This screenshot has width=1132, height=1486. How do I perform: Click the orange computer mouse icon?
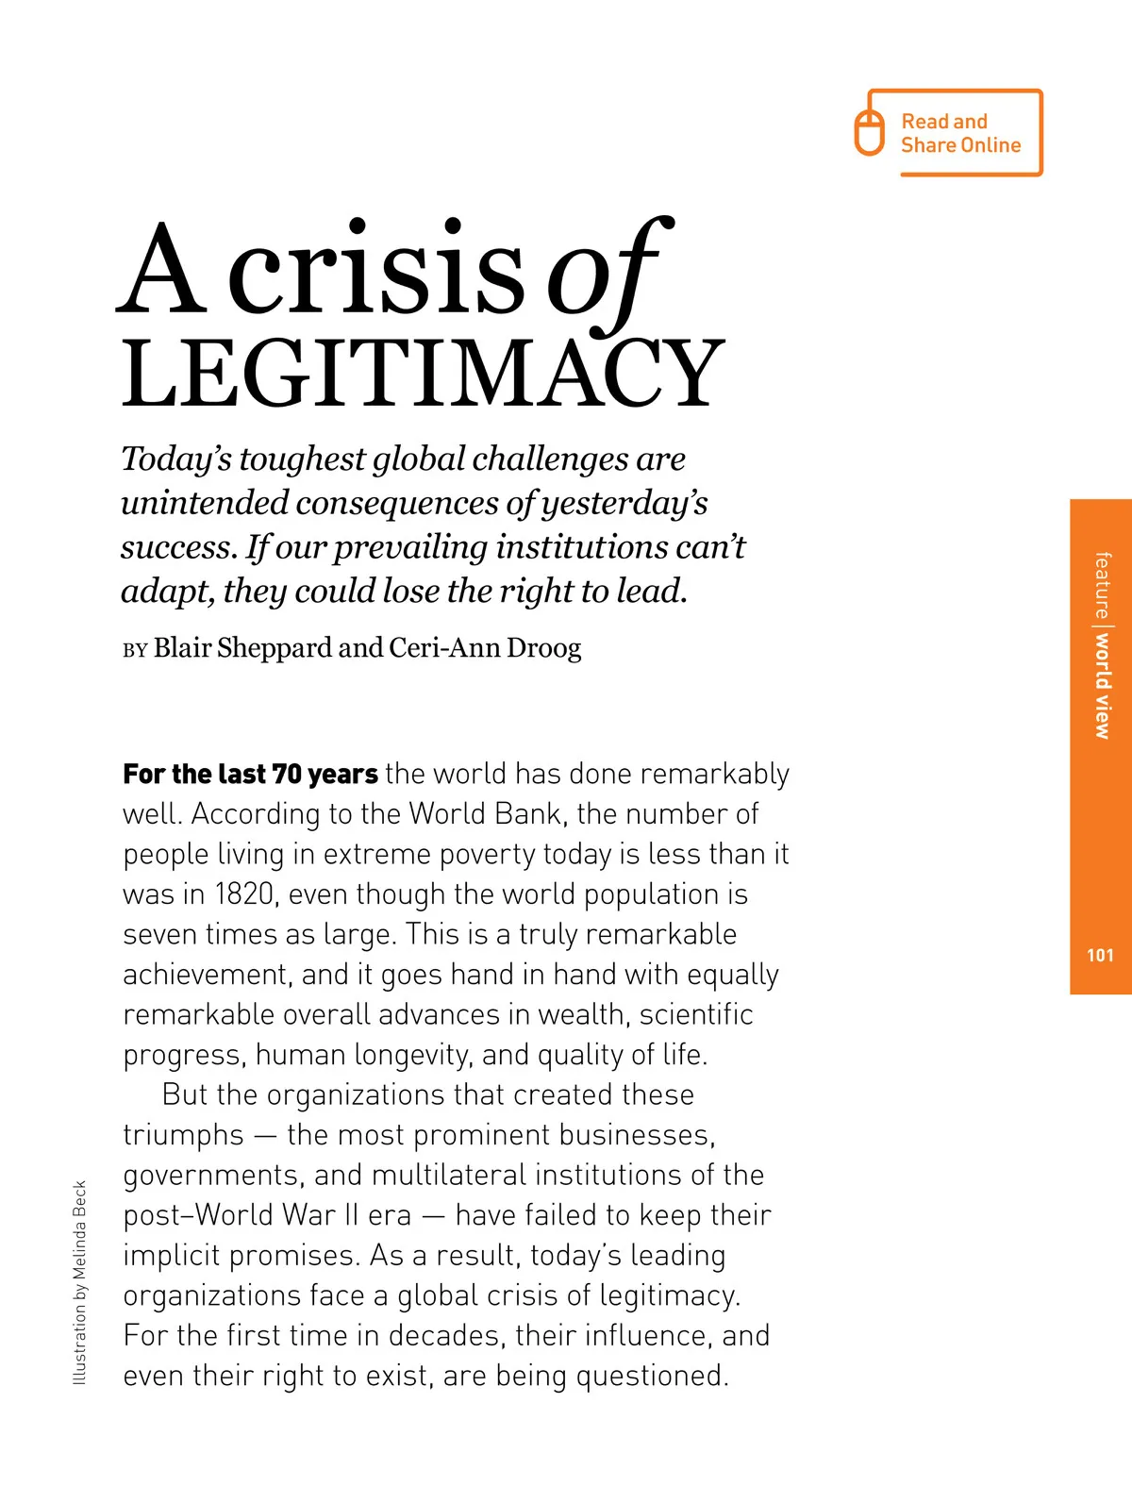click(x=869, y=132)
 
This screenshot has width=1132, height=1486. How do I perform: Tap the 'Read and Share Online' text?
click(x=959, y=133)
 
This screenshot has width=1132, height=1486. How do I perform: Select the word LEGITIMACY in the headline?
click(x=423, y=374)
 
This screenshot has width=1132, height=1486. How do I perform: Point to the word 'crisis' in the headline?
click(x=375, y=274)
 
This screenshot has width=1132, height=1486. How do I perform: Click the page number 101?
click(x=1100, y=955)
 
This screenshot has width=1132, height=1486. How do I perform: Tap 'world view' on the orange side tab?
click(x=1102, y=685)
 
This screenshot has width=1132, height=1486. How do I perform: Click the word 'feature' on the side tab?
click(x=1102, y=585)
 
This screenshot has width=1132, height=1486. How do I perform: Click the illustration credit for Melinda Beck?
click(x=79, y=1283)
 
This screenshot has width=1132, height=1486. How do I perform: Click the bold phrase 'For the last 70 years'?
click(x=250, y=774)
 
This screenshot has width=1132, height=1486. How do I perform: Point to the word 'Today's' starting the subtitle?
click(x=176, y=459)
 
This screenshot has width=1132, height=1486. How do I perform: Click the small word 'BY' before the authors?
click(x=135, y=650)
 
